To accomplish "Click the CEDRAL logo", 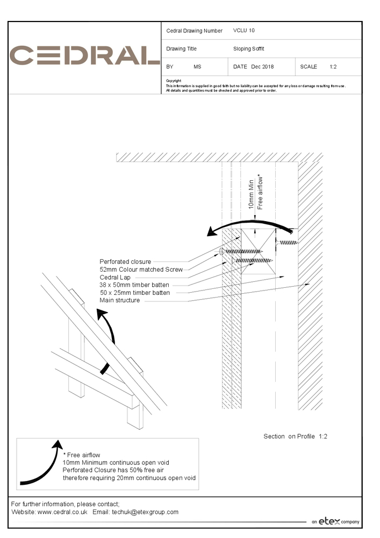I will pyautogui.click(x=84, y=56).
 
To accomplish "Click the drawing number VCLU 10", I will pyautogui.click(x=244, y=31).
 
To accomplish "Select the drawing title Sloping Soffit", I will pyautogui.click(x=248, y=48).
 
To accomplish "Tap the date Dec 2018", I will pyautogui.click(x=262, y=67).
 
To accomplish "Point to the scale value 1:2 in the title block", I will pyautogui.click(x=333, y=67).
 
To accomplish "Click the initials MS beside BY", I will pyautogui.click(x=197, y=67).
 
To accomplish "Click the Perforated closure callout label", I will pyautogui.click(x=125, y=262).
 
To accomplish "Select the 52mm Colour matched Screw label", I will pyautogui.click(x=141, y=270).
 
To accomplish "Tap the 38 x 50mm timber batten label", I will pyautogui.click(x=134, y=285).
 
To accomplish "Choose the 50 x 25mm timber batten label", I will pyautogui.click(x=135, y=293).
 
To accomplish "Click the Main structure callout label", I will pyautogui.click(x=120, y=300).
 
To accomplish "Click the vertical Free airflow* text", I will pyautogui.click(x=261, y=192).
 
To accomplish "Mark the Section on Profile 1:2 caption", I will pyautogui.click(x=295, y=436).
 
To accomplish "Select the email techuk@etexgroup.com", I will pyautogui.click(x=145, y=512).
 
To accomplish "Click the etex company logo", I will pyautogui.click(x=335, y=521).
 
